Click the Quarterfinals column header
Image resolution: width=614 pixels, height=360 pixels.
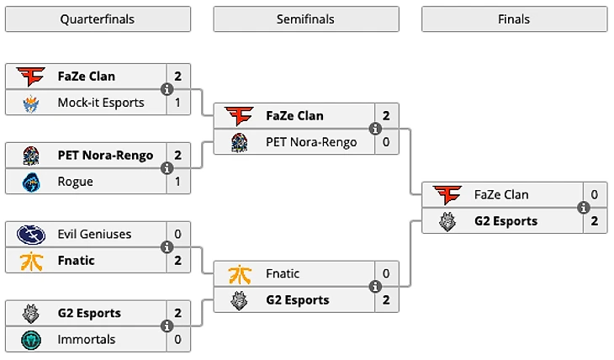98,19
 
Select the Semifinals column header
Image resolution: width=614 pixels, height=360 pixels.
306,19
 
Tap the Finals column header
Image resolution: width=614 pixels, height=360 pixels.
514,19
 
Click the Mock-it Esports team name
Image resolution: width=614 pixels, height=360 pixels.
101,103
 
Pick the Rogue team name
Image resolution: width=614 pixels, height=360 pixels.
76,182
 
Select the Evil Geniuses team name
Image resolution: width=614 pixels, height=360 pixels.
94,234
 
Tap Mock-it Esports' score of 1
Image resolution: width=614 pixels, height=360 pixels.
178,103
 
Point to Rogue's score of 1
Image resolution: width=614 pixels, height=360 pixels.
178,182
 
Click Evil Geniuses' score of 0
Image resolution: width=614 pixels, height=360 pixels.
178,234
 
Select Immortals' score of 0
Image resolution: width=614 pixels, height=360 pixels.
178,340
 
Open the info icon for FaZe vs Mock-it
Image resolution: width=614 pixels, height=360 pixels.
167,89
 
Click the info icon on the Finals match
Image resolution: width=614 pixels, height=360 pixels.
583,208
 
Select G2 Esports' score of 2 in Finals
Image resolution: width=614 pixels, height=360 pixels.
595,221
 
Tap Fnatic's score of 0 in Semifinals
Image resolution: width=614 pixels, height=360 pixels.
386,273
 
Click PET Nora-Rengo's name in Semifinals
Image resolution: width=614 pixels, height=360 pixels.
311,142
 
